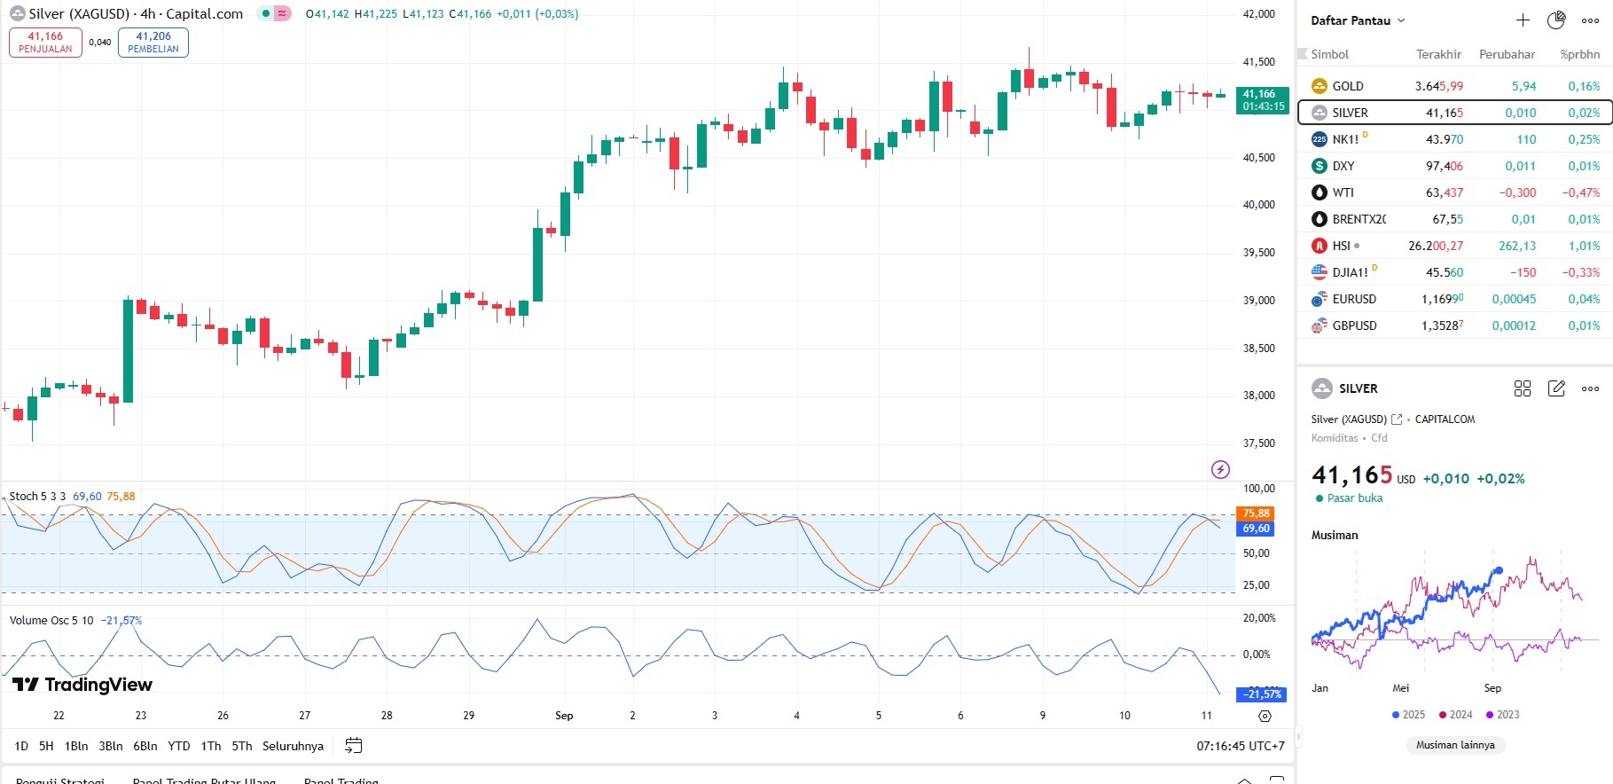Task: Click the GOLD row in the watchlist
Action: pyautogui.click(x=1348, y=86)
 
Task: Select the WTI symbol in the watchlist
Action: pyautogui.click(x=1343, y=192)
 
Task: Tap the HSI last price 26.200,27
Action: pyautogui.click(x=1436, y=246)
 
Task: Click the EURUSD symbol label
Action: pyautogui.click(x=1354, y=299)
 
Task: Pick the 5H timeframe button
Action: pyautogui.click(x=46, y=746)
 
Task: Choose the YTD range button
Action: pyautogui.click(x=179, y=746)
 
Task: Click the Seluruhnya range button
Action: pyautogui.click(x=293, y=746)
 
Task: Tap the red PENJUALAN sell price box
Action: pyautogui.click(x=45, y=42)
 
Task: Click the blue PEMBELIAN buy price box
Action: pyautogui.click(x=153, y=42)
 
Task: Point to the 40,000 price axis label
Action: pyautogui.click(x=1259, y=205)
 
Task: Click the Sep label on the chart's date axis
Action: pyautogui.click(x=564, y=716)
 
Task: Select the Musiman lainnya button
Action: pyautogui.click(x=1455, y=745)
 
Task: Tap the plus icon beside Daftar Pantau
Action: pyautogui.click(x=1523, y=20)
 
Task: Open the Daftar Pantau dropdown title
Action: pyautogui.click(x=1357, y=20)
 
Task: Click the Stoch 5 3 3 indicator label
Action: pyautogui.click(x=37, y=497)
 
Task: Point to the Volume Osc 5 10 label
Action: pyautogui.click(x=51, y=621)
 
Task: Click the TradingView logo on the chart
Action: pyautogui.click(x=82, y=685)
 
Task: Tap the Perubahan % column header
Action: pyautogui.click(x=1580, y=54)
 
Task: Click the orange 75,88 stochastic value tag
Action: pyautogui.click(x=1256, y=514)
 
